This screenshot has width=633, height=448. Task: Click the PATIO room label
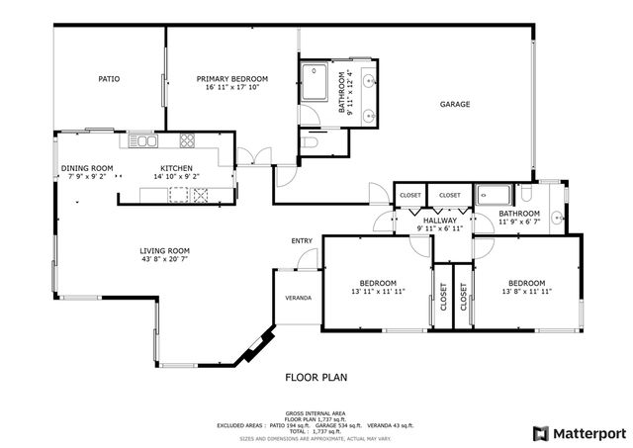109,79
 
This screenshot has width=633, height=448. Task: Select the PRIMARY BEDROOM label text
232,78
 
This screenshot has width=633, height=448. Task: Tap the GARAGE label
455,104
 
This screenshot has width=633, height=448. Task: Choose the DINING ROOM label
87,168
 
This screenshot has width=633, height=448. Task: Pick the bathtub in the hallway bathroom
492,195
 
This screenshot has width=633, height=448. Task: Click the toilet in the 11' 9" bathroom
526,194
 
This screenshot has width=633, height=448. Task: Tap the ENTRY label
301,241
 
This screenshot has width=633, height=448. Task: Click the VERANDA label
298,297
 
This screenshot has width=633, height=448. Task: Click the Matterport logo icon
539,432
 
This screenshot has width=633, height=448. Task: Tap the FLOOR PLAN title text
316,377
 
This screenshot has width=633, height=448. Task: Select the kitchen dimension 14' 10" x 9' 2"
176,177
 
